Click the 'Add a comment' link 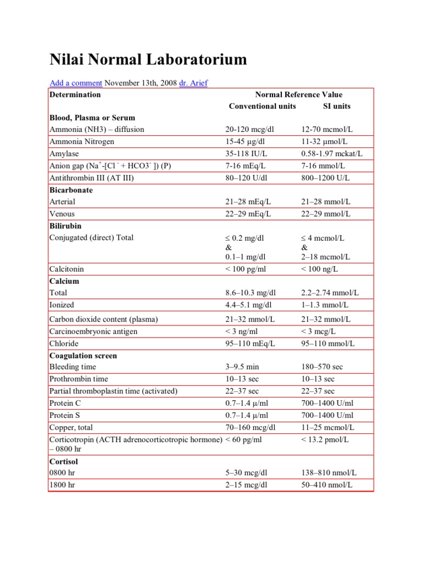(76, 83)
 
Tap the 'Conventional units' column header (262, 106)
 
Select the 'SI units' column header (336, 106)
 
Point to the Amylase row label (62, 153)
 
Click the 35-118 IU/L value (247, 153)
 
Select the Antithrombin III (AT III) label (92, 178)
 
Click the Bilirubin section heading (65, 225)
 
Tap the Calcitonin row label (66, 269)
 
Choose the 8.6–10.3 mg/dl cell (251, 293)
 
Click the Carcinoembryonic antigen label (93, 332)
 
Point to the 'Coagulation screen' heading (83, 356)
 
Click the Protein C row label (65, 403)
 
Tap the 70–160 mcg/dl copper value (251, 427)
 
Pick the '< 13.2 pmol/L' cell (325, 439)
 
